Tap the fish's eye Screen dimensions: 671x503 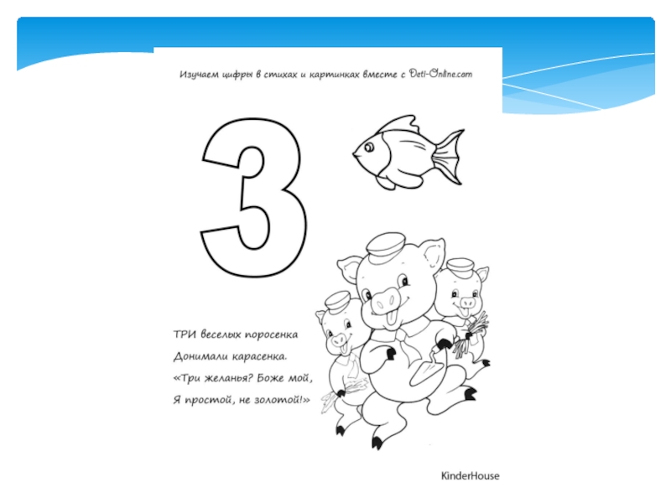(369, 148)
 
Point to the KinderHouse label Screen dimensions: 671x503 (470, 476)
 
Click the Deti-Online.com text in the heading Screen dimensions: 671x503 (441, 74)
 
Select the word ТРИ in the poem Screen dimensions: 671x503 (185, 334)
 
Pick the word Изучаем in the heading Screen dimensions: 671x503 (199, 75)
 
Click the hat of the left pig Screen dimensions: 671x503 (338, 301)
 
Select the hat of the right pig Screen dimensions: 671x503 (460, 267)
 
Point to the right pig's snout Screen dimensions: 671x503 (466, 302)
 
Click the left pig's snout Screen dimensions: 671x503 (339, 340)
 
